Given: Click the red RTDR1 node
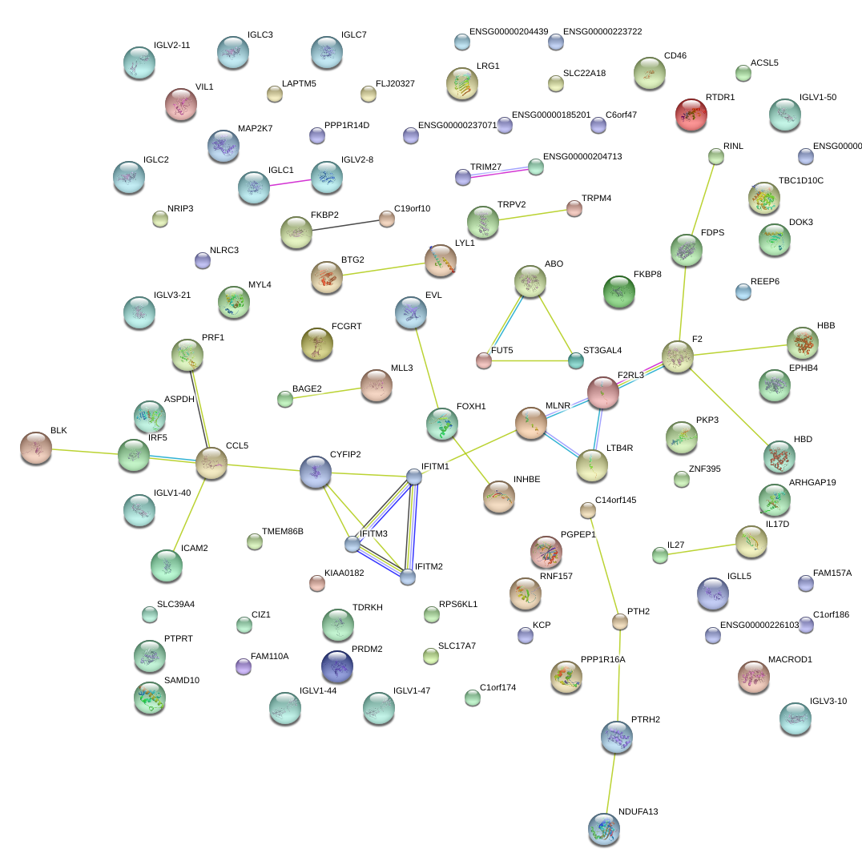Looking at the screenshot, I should coord(691,115).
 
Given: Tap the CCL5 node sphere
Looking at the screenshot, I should coord(211,463).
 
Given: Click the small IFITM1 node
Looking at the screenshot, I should coord(414,477).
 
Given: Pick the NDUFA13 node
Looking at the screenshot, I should coord(603,830).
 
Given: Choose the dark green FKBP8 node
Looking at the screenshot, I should coord(618,292).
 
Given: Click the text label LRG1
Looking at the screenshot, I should coord(488,66).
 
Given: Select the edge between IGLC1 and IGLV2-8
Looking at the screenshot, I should coord(290,183).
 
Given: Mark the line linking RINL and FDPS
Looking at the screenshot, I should coord(702,200).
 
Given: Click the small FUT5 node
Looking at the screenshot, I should coord(483,360).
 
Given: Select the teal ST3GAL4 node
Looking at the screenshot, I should coord(575,360).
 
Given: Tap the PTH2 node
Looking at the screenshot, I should coord(619,621).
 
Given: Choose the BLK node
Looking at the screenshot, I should coord(36,449).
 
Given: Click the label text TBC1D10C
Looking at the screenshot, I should coord(800,181).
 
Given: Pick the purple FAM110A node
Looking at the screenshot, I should coord(244,666).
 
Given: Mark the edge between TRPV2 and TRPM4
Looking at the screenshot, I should coord(529,215).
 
